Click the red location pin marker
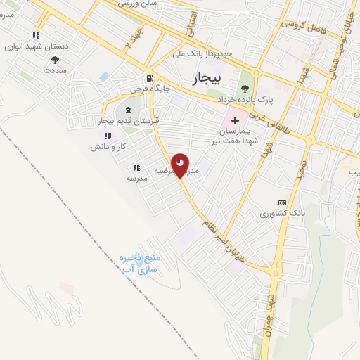tap(180, 165)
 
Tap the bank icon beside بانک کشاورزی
tap(283, 202)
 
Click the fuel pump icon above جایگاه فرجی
tap(149, 79)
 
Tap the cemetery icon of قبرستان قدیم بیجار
tap(129, 110)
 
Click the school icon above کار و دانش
tap(107, 136)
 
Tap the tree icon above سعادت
tap(55, 60)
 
